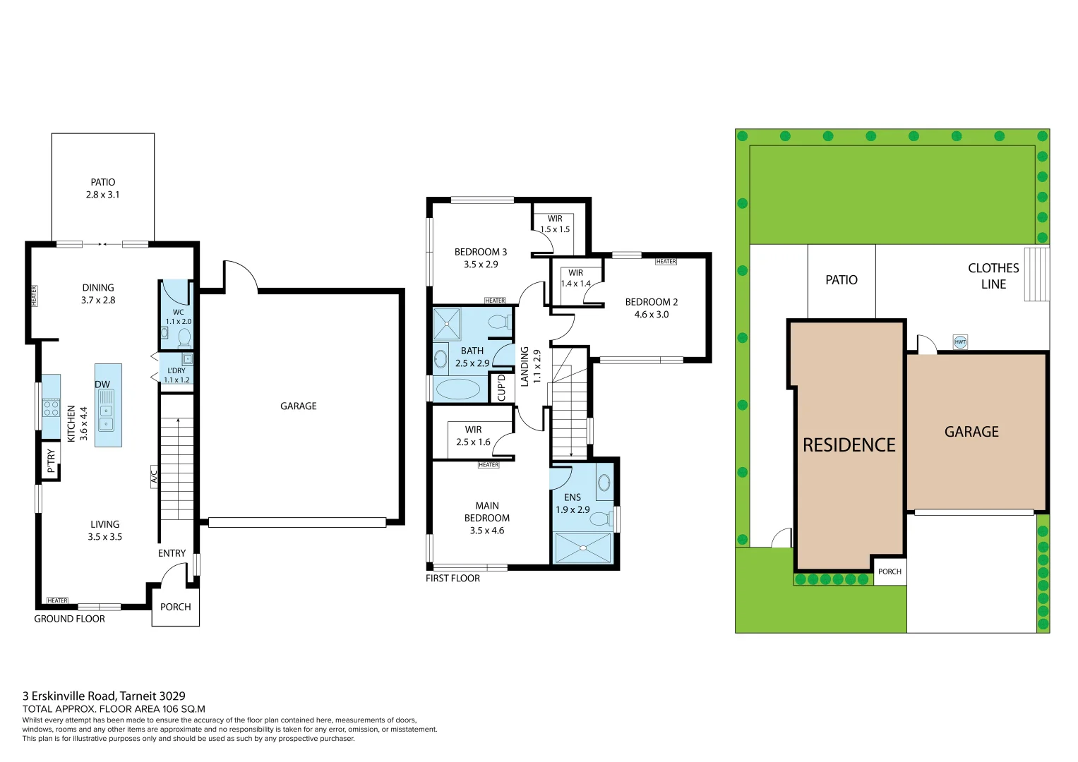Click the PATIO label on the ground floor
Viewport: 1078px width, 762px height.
point(103,182)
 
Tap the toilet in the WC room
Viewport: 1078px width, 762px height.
point(184,337)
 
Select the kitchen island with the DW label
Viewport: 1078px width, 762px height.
point(108,406)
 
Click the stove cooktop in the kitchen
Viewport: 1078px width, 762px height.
point(51,408)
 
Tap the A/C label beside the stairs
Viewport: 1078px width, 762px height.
point(154,477)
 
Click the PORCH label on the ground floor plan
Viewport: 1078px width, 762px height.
point(175,607)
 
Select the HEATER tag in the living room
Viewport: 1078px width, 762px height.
point(57,600)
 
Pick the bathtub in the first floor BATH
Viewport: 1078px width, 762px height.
point(458,389)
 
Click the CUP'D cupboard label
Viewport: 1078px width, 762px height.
point(501,387)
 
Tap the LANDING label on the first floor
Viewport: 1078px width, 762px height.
point(525,366)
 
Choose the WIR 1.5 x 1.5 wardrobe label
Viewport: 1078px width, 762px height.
point(555,224)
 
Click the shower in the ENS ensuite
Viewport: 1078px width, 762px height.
point(582,548)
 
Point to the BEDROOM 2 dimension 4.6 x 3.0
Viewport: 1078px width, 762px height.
point(651,315)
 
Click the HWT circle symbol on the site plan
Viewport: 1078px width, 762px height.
point(960,342)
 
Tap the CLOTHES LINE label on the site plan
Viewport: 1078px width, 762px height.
point(993,276)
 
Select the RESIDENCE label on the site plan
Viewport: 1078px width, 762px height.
point(849,445)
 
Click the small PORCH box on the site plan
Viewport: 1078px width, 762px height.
point(890,571)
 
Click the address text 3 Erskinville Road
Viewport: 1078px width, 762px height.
point(104,696)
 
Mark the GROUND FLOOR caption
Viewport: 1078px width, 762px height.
point(69,619)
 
